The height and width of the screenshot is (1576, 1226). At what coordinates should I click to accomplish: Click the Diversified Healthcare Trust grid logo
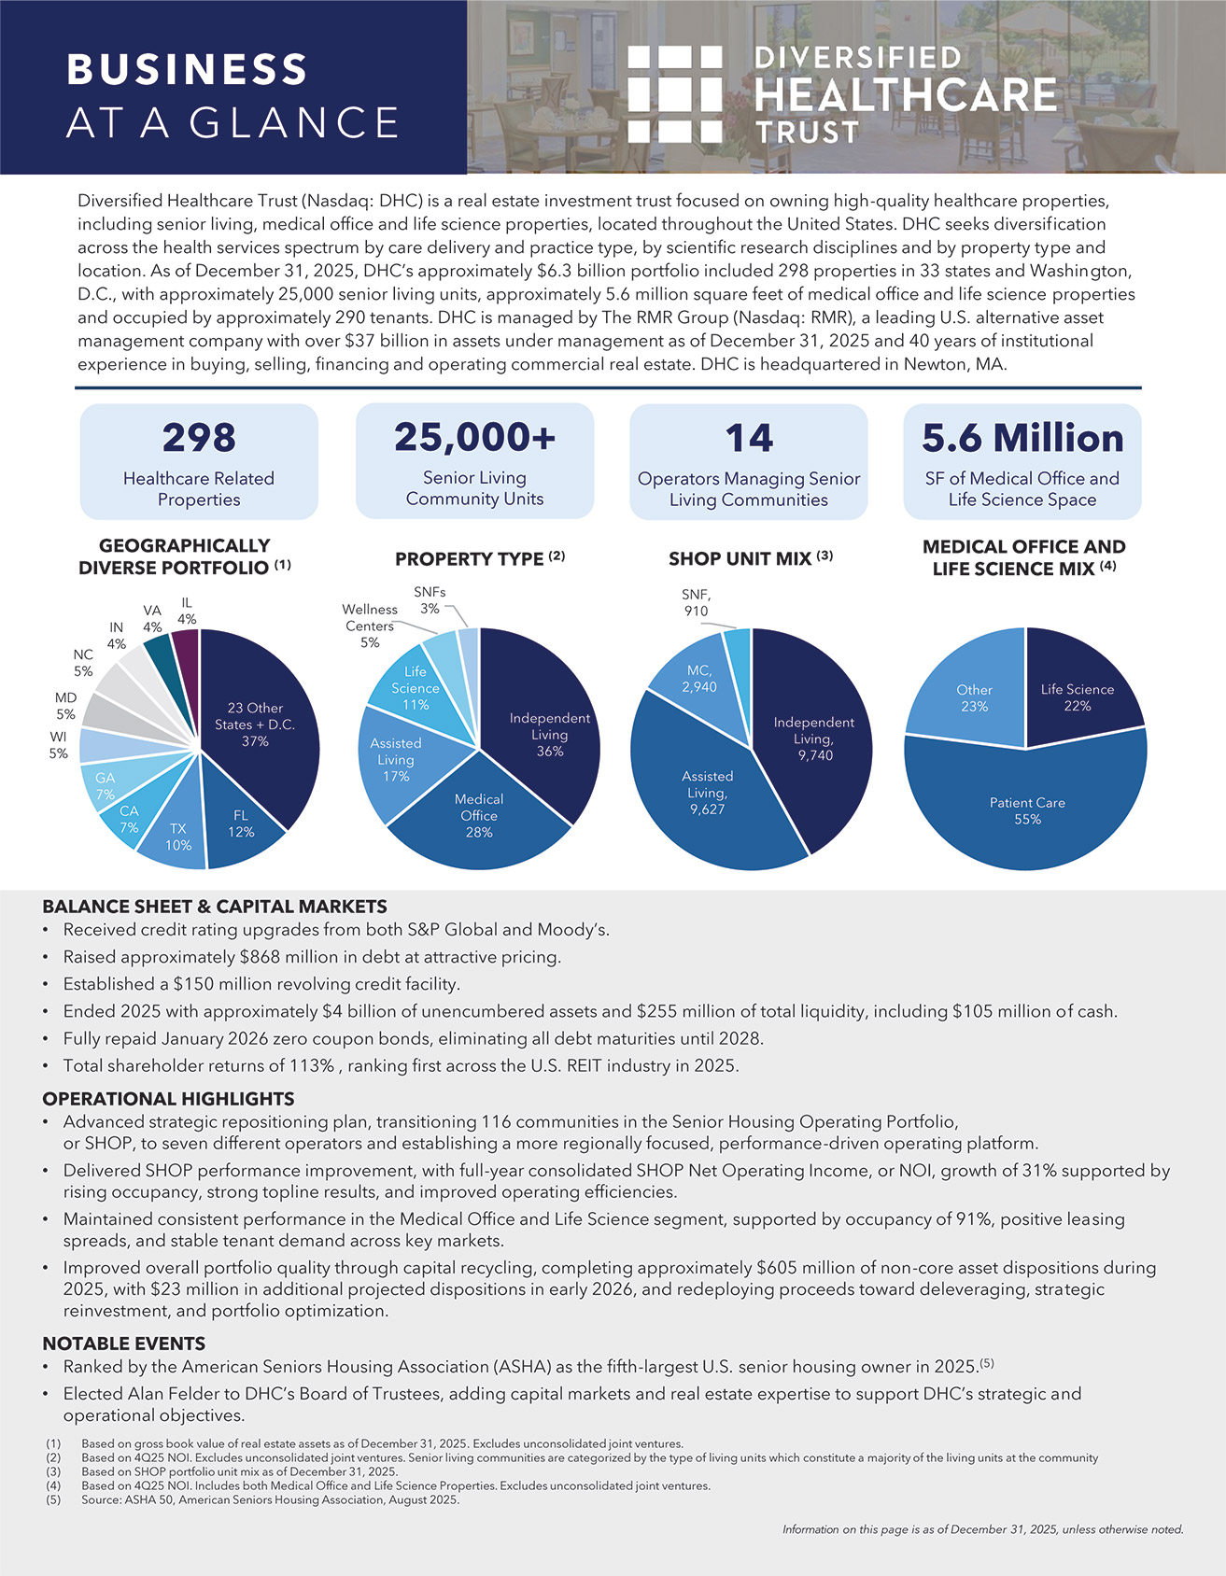click(x=674, y=94)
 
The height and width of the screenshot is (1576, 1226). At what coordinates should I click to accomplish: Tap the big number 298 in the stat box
click(x=199, y=438)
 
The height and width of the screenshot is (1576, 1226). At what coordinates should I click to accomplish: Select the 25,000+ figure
click(x=474, y=437)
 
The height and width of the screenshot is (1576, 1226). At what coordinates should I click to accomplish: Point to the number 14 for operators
click(x=749, y=438)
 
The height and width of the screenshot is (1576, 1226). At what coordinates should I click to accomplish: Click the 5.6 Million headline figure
click(x=1022, y=438)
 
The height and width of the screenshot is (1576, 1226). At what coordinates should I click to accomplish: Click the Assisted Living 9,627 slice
click(x=707, y=792)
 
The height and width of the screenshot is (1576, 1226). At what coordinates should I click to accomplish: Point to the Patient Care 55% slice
click(x=1027, y=810)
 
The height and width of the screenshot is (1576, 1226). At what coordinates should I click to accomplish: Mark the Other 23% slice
click(x=974, y=697)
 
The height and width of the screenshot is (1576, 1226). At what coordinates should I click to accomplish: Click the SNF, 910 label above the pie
click(x=696, y=602)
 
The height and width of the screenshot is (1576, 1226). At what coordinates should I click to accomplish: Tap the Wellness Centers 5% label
click(x=370, y=626)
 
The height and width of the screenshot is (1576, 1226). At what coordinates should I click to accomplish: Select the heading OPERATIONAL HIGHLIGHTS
click(x=168, y=1099)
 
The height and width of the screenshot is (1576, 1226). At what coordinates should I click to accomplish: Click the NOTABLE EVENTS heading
click(x=123, y=1344)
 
